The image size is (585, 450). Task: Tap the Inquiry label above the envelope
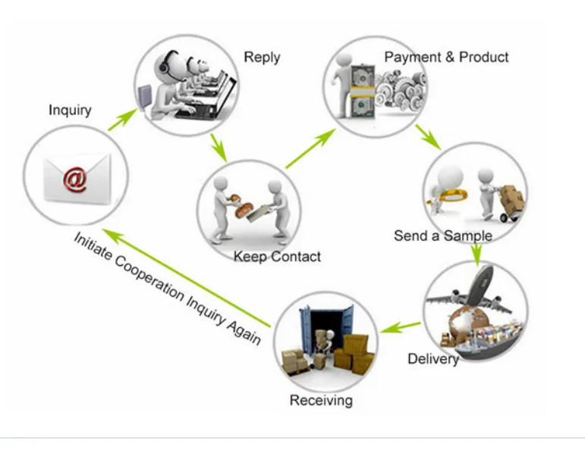(x=70, y=111)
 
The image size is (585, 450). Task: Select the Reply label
(x=262, y=58)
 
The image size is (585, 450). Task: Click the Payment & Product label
(x=446, y=58)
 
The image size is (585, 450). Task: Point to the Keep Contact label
(x=277, y=257)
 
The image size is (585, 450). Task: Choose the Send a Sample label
(x=442, y=236)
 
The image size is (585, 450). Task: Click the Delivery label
(x=433, y=358)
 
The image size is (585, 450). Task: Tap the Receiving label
(x=321, y=400)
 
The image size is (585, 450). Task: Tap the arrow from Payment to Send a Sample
(x=428, y=137)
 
